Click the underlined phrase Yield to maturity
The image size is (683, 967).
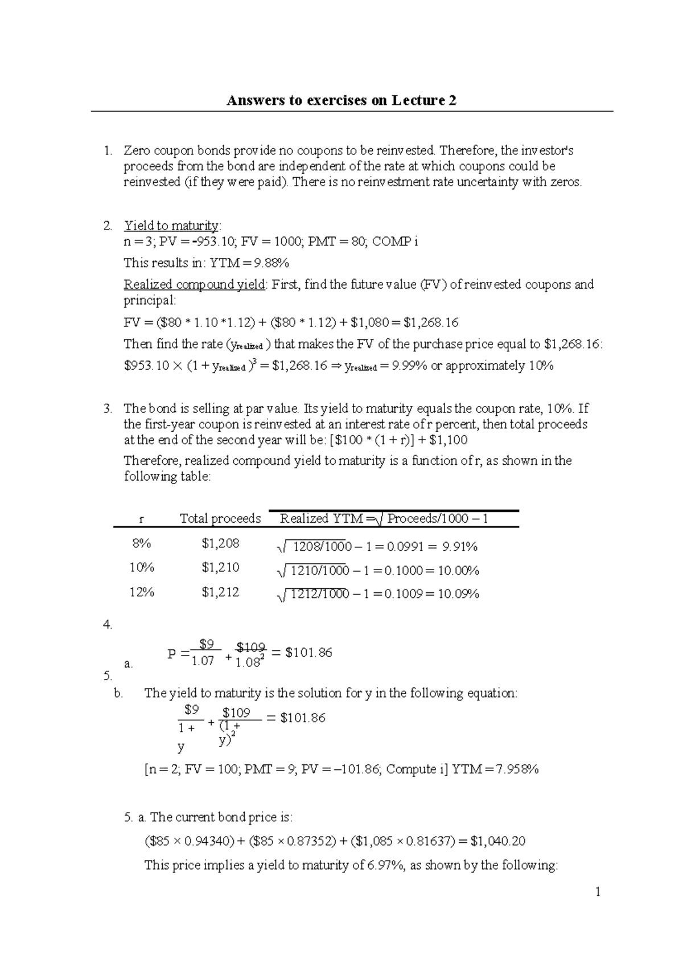(171, 226)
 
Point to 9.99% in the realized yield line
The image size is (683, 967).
(407, 366)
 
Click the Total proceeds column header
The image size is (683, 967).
(220, 519)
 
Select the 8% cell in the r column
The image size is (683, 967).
(141, 543)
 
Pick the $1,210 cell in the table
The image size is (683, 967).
(220, 568)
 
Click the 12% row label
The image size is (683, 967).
(141, 592)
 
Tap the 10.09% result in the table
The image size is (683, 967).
(458, 595)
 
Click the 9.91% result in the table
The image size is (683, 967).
(460, 547)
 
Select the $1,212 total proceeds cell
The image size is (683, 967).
(220, 592)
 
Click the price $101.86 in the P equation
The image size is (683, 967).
(308, 653)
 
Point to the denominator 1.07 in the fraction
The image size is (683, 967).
(203, 661)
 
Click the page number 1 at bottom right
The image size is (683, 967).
(598, 892)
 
